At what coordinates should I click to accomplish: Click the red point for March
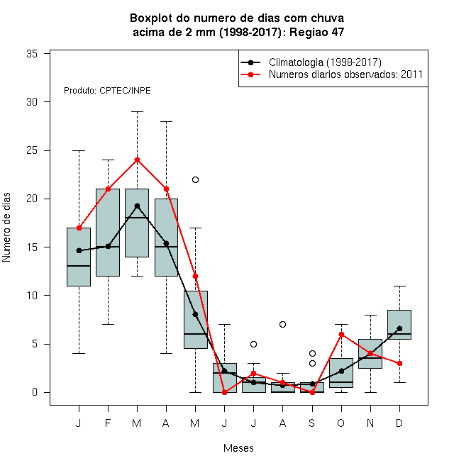pyautogui.click(x=137, y=160)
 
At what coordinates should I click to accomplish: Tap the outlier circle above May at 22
pyautogui.click(x=195, y=179)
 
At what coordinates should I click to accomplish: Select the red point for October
pyautogui.click(x=341, y=334)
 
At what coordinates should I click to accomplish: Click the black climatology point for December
pyautogui.click(x=399, y=328)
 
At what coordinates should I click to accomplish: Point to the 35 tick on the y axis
pyautogui.click(x=47, y=54)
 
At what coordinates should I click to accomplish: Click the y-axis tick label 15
pyautogui.click(x=32, y=247)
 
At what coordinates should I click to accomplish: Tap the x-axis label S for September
pyautogui.click(x=312, y=423)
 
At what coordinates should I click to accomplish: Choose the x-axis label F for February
pyautogui.click(x=108, y=423)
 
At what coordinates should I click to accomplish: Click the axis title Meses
pyautogui.click(x=238, y=448)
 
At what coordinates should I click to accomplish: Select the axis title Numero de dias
pyautogui.click(x=6, y=228)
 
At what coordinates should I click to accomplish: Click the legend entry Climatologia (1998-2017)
pyautogui.click(x=325, y=62)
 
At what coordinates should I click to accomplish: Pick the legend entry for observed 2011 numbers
pyautogui.click(x=346, y=74)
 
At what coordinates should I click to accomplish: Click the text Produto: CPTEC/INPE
pyautogui.click(x=107, y=91)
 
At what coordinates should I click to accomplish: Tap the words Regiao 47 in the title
pyautogui.click(x=317, y=32)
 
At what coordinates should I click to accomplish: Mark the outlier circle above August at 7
pyautogui.click(x=282, y=325)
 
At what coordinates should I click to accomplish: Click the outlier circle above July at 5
pyautogui.click(x=253, y=344)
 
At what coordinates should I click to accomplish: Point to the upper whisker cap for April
pyautogui.click(x=167, y=122)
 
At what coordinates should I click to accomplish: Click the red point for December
pyautogui.click(x=399, y=364)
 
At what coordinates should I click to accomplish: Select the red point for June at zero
pyautogui.click(x=225, y=393)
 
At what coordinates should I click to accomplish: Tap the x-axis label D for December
pyautogui.click(x=399, y=423)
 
